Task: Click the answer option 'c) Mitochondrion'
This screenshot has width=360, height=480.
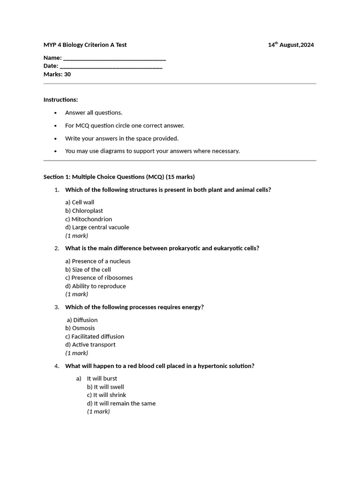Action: [89, 219]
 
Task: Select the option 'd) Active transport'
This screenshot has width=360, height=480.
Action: [90, 345]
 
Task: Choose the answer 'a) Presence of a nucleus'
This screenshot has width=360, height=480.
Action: [98, 261]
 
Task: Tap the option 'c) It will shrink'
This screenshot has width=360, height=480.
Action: [106, 395]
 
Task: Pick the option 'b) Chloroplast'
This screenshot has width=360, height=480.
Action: [84, 211]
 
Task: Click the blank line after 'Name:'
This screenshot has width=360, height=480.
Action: [114, 58]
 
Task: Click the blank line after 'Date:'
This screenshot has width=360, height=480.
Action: [112, 66]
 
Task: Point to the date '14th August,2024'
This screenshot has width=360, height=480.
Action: [291, 45]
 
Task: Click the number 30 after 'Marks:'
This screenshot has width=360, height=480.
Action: [67, 74]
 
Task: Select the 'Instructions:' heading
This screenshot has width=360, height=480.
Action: [61, 100]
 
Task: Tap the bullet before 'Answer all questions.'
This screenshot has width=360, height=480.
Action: [55, 113]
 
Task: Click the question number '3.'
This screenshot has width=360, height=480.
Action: [57, 307]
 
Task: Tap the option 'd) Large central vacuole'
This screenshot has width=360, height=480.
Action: [97, 227]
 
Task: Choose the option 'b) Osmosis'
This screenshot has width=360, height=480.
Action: [80, 328]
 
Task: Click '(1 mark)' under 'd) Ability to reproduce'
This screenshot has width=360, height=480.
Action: [77, 294]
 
